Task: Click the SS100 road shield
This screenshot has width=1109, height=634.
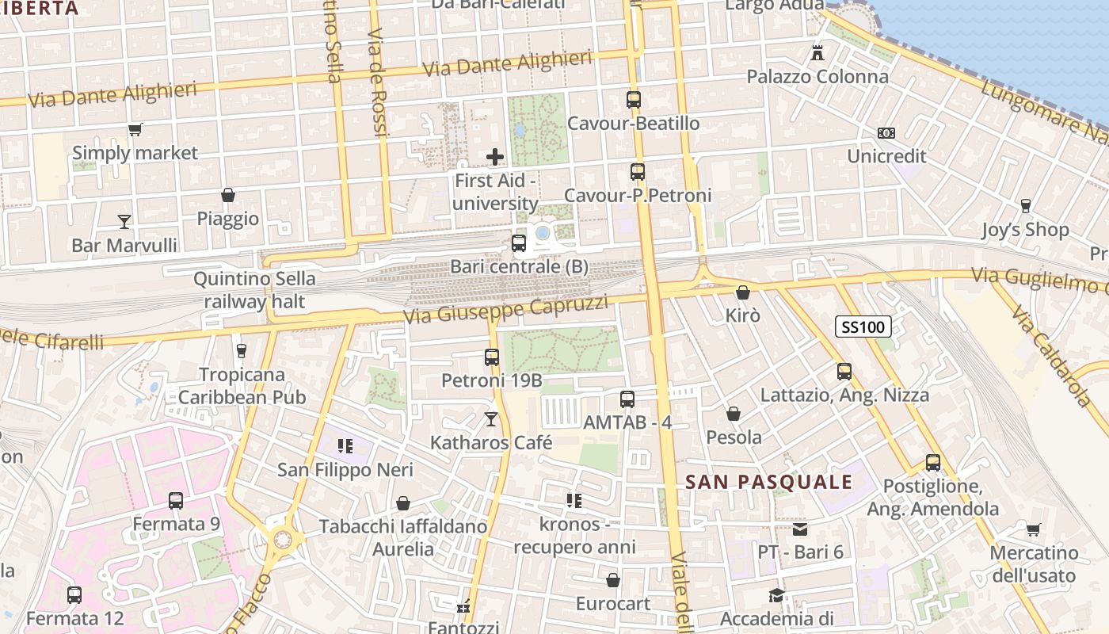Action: [x=863, y=327]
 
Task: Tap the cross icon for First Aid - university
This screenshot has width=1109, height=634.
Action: [x=495, y=157]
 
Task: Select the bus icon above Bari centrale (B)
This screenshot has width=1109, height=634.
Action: [x=519, y=243]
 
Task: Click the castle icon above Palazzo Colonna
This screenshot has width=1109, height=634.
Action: [x=817, y=54]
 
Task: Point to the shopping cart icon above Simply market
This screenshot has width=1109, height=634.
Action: [x=135, y=130]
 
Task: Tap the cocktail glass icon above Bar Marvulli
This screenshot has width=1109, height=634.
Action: [x=124, y=222]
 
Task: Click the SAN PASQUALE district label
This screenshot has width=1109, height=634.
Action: [x=768, y=482]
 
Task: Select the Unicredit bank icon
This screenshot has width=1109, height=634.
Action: [x=886, y=133]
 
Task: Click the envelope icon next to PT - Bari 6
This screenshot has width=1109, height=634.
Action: [x=800, y=529]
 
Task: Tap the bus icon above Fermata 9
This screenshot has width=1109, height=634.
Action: [x=176, y=501]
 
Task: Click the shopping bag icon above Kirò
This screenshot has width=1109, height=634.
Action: [x=742, y=292]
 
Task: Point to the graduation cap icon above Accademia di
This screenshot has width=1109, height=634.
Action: [x=776, y=595]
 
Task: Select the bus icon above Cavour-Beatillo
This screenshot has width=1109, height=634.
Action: [x=633, y=100]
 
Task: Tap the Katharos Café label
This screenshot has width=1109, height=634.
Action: [x=491, y=443]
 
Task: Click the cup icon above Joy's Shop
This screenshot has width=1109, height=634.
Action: [x=1026, y=206]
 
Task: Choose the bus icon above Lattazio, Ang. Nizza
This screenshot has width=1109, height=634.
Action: [x=844, y=371]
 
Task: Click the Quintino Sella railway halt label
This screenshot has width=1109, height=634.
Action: [x=254, y=290]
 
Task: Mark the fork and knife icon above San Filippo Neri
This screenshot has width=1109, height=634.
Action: [x=345, y=446]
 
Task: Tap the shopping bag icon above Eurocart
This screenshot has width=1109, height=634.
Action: [x=613, y=581]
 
